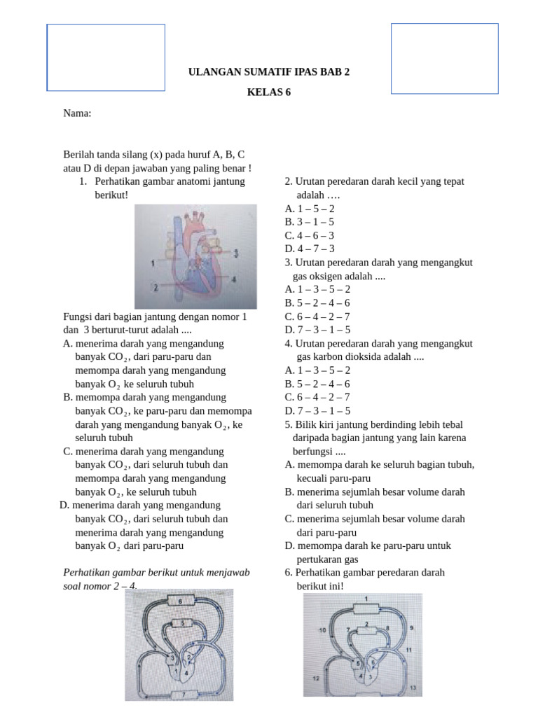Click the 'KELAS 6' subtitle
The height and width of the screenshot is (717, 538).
(269, 92)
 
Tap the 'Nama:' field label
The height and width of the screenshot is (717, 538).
(77, 113)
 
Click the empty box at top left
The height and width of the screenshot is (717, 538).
(106, 57)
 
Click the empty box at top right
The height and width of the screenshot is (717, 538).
(444, 58)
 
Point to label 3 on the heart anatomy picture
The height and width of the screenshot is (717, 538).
(237, 253)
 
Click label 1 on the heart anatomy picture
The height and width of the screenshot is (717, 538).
(153, 263)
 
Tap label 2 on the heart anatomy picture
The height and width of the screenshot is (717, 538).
(155, 287)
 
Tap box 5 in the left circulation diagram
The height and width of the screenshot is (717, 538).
(183, 623)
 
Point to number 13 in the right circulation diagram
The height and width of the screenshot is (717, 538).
(413, 689)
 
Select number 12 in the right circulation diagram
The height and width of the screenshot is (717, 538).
(316, 678)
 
